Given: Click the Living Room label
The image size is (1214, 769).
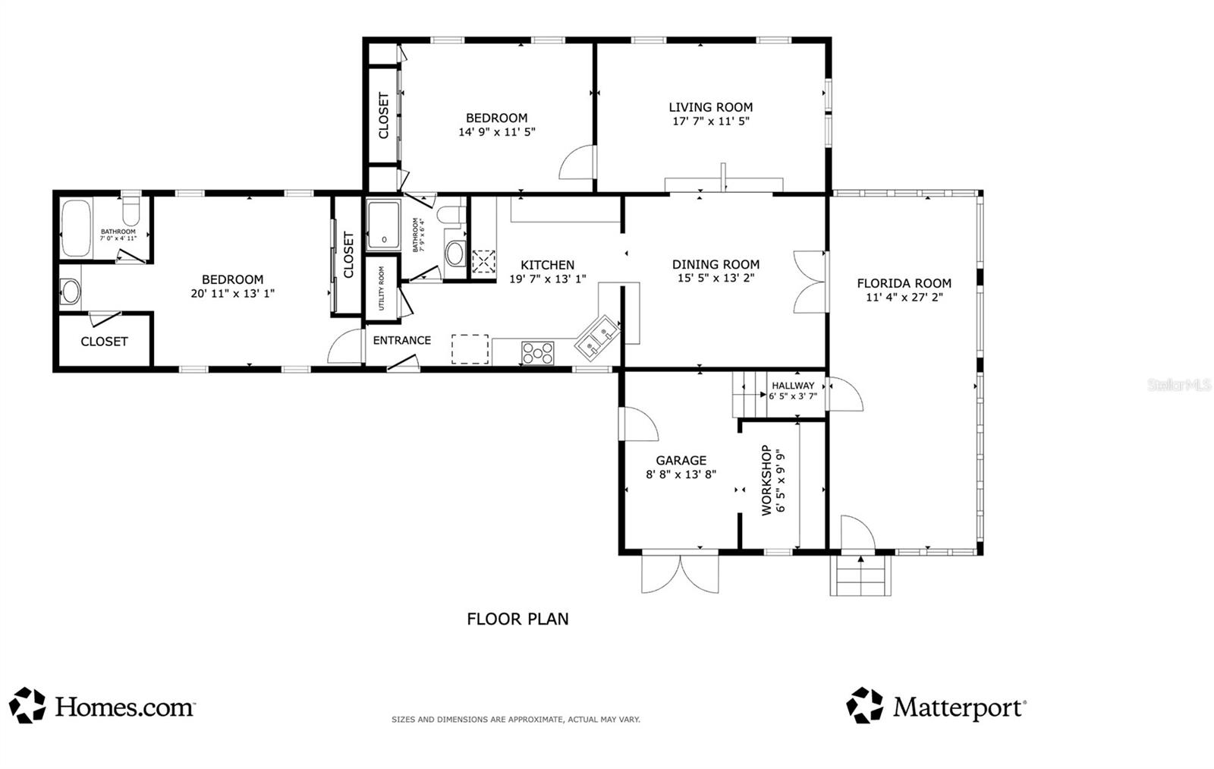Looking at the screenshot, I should coord(710,107).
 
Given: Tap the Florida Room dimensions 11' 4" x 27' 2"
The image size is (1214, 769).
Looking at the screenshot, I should coord(904,298).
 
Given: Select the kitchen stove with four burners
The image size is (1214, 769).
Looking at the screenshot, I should coord(537,352).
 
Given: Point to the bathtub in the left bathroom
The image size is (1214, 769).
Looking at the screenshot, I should coord(76,228).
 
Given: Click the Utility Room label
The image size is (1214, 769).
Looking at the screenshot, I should coord(381,288).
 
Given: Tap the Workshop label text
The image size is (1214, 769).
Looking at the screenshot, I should coord(766,480).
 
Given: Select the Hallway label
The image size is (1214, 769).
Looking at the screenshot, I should coord(793,386).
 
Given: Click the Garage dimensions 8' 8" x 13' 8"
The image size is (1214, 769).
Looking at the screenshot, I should coord(681,474).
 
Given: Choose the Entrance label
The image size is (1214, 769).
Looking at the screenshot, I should coord(401,340).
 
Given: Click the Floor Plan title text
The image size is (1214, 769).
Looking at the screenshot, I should coord(517,619).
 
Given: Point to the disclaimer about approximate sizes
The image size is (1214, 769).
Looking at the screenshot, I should coord(515,719).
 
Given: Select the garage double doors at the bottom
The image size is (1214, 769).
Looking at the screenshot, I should coord(680,573).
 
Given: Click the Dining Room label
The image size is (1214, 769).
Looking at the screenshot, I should coord(716,264).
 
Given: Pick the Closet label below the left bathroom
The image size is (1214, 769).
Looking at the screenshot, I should coord(104,342).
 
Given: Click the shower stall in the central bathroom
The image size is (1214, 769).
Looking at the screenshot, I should coord(384,225).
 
